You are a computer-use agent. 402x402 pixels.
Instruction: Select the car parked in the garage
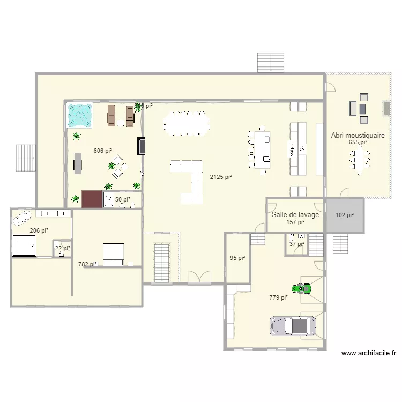[x=293, y=325]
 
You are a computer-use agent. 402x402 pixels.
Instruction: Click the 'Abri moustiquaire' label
[x=358, y=136]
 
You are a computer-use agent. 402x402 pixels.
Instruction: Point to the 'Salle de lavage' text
[x=295, y=215]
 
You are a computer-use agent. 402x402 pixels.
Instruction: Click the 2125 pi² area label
[x=221, y=177]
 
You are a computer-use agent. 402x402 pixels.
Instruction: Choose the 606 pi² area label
[x=102, y=151]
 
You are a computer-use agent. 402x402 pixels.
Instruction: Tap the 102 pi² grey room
[x=345, y=215]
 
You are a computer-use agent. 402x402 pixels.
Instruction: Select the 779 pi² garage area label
[x=278, y=297]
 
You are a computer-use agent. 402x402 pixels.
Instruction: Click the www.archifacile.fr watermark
[x=369, y=353]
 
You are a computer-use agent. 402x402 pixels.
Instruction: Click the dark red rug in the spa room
[x=92, y=199]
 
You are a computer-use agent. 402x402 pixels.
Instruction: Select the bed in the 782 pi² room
[x=114, y=254]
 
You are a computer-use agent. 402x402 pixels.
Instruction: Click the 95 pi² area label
[x=237, y=258]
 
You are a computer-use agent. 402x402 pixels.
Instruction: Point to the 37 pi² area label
[x=296, y=244]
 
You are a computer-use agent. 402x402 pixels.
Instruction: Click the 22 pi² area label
[x=62, y=248]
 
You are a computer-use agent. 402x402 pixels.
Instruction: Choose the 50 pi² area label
[x=123, y=200]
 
